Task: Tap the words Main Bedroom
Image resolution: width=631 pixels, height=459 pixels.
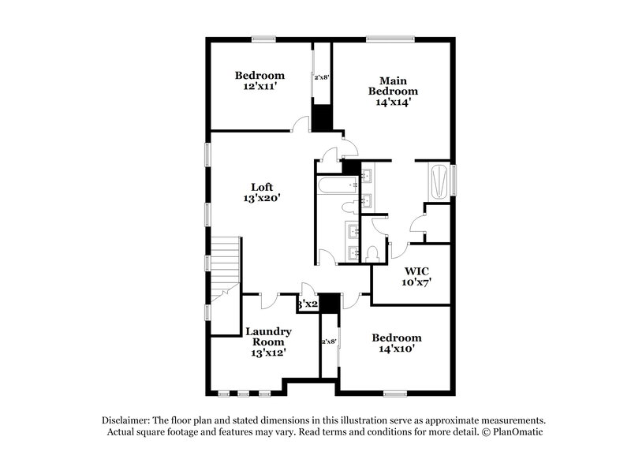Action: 393,86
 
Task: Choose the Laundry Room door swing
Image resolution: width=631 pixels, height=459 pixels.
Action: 268,299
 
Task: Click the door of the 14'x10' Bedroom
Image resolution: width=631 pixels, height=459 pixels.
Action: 353,299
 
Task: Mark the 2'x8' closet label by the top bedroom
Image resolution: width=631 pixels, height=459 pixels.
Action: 322,78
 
